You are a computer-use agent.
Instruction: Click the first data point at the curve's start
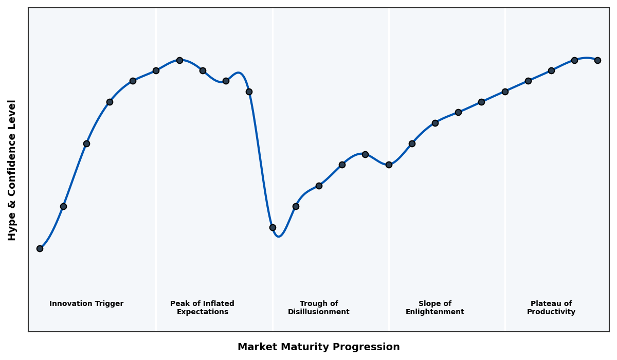pos(40,248)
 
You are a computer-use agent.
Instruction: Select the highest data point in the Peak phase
pos(179,60)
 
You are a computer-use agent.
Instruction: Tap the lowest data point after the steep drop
pos(273,227)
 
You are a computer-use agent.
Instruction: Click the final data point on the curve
pos(597,60)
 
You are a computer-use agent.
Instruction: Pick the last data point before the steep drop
pos(249,92)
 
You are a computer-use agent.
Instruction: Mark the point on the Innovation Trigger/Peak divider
pos(156,70)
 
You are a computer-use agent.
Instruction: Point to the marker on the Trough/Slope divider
pos(389,165)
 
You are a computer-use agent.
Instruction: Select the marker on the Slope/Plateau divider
pos(505,92)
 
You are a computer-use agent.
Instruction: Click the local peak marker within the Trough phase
pos(365,154)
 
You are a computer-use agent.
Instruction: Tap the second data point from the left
pos(63,206)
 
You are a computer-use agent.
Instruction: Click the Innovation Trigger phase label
pos(86,304)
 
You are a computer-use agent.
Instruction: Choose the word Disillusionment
pos(319,312)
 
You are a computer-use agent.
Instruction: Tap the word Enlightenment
pos(435,312)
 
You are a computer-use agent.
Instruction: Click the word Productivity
pos(551,312)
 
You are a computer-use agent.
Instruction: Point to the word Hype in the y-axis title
pos(12,228)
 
